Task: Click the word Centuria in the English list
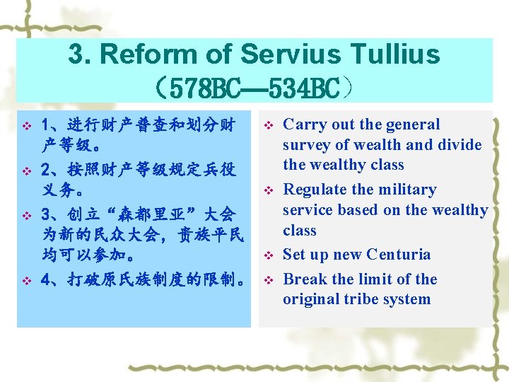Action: pos(398,255)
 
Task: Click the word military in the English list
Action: pos(406,190)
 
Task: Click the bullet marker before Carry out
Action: pos(268,126)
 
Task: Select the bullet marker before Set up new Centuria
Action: pos(268,255)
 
